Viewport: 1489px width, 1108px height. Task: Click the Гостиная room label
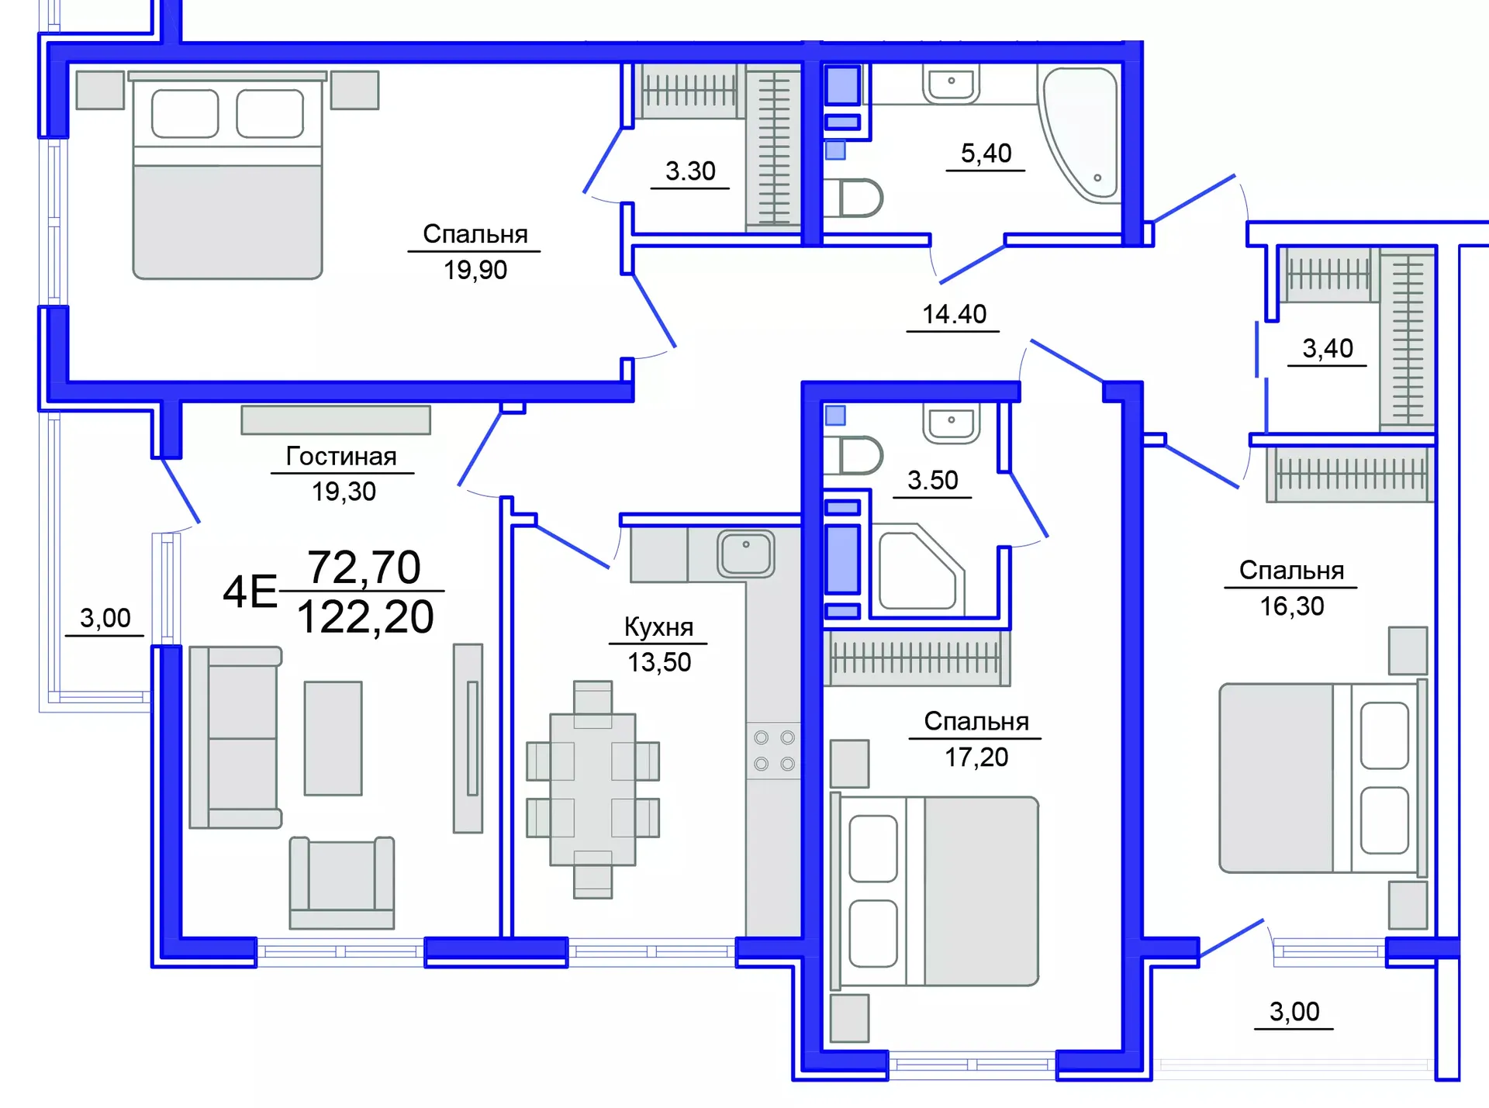341,456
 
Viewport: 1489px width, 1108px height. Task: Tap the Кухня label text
658,626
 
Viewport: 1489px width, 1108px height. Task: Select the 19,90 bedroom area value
475,270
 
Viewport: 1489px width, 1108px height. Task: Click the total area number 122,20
365,618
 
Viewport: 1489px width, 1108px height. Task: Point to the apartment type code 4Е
250,592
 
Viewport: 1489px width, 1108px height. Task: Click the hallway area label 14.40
953,314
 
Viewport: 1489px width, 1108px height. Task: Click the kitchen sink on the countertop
745,553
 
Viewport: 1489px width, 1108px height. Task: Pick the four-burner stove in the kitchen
774,751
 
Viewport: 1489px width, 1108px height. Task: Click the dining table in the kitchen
592,789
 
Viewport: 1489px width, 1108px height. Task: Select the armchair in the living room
342,882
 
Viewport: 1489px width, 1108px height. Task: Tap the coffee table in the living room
333,738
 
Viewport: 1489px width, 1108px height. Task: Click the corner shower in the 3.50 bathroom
918,570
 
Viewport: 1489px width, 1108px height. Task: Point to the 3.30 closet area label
690,171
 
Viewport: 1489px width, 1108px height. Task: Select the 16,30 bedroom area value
1291,606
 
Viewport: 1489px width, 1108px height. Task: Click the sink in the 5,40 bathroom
951,83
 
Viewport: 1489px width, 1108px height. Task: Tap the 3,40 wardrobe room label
1327,349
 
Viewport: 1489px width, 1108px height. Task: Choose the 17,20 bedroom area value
976,757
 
